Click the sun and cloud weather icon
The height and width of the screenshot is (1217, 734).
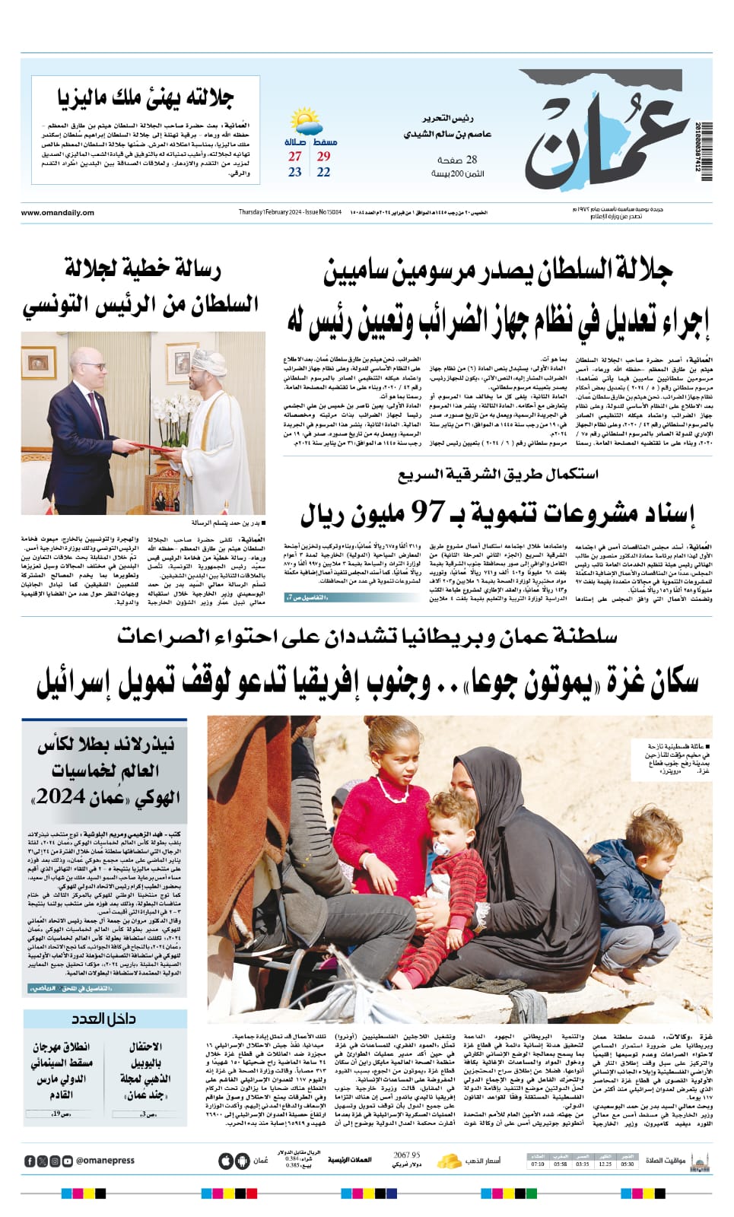[305, 122]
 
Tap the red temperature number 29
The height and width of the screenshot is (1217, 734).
[323, 156]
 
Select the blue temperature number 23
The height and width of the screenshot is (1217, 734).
[295, 172]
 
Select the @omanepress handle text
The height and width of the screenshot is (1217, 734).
[105, 1161]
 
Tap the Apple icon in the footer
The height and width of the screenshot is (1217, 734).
[224, 1161]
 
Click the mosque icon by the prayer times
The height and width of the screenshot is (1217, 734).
[698, 1161]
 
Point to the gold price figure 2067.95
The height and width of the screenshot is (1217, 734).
[407, 1155]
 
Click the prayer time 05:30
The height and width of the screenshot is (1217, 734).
[627, 1165]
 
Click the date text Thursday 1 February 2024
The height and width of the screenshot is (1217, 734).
[270, 212]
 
